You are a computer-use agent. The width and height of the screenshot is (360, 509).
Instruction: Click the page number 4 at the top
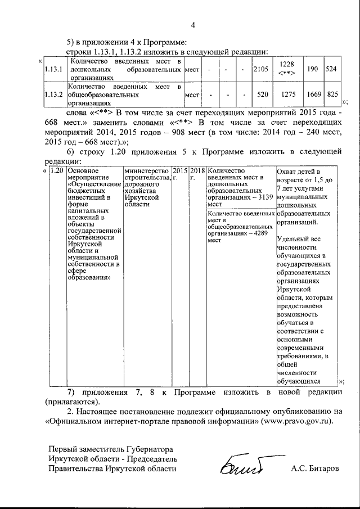[x=192, y=25]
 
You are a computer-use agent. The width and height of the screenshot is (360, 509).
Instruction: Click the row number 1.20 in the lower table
[x=56, y=170]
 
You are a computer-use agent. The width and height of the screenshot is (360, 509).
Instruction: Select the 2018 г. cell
[x=197, y=174]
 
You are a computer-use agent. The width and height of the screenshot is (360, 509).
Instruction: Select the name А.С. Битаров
[x=315, y=468]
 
